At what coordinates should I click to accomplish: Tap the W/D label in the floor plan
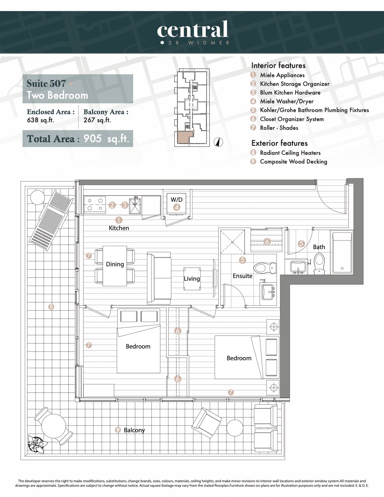pos(176,200)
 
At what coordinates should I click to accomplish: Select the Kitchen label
pos(119,228)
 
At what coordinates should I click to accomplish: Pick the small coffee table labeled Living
pos(192,279)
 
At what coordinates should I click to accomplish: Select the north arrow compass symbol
pos(218,142)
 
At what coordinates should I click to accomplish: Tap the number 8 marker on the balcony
pos(51,306)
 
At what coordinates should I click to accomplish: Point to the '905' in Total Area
pos(92,138)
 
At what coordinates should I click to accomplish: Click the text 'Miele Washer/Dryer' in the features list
pos(287,101)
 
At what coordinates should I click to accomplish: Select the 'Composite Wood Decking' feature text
pos(293,161)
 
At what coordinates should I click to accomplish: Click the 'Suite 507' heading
pos(46,83)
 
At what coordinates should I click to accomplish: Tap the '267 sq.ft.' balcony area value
pos(97,120)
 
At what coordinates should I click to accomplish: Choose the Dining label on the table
pos(115,264)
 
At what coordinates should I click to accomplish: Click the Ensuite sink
pos(268,292)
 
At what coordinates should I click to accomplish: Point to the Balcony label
pos(134,430)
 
